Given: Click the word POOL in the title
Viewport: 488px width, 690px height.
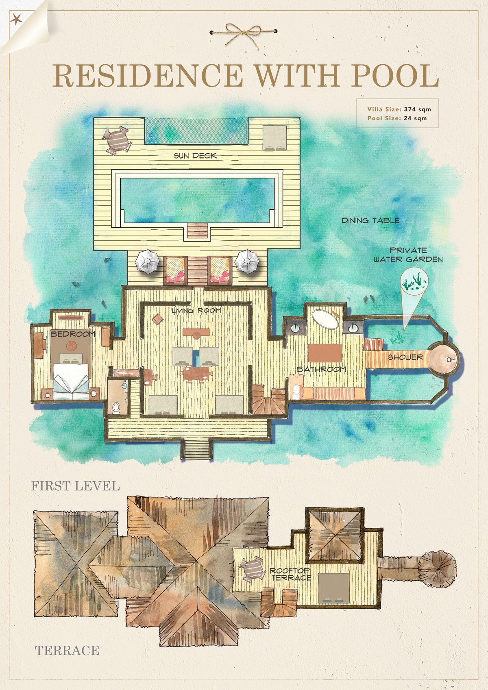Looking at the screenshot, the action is [x=395, y=76].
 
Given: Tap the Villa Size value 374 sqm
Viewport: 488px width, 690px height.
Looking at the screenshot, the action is [x=418, y=109].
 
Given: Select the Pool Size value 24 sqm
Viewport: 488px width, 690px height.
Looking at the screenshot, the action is [x=415, y=118].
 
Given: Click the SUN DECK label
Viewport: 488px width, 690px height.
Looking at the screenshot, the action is [x=195, y=156].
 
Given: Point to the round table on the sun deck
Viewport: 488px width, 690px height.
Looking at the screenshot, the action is [x=117, y=140].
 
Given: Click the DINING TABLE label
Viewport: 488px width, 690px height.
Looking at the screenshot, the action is [x=370, y=220].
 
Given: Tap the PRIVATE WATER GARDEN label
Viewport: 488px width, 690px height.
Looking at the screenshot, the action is [x=408, y=255].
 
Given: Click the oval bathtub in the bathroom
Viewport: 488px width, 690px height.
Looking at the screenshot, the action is [x=325, y=320].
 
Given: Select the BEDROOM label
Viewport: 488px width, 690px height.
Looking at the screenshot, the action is [x=73, y=334].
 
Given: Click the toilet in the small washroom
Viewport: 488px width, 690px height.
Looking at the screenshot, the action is [x=116, y=407].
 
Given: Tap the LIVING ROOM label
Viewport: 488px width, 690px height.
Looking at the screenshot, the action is [x=196, y=311].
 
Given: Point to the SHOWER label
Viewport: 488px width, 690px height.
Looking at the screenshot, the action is [x=405, y=357].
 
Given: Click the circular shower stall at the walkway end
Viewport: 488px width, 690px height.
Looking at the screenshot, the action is [x=443, y=359].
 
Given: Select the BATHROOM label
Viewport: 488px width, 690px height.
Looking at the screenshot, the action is [x=321, y=369].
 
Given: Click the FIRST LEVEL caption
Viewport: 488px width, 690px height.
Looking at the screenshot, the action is [x=76, y=486].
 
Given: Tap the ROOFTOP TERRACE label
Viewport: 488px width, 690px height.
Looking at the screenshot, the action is [x=290, y=575].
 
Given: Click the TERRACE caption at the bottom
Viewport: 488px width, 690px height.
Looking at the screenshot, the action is [x=67, y=651].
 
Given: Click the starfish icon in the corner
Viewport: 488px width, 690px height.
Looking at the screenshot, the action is [x=16, y=20].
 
